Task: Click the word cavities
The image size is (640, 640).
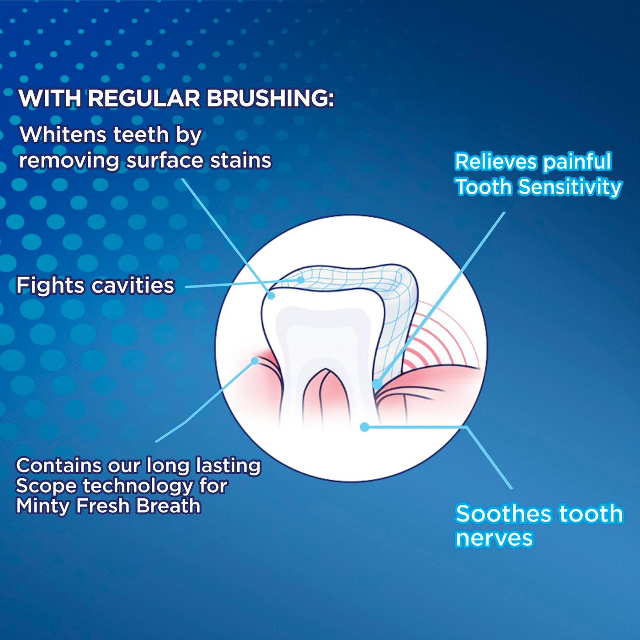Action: (x=133, y=286)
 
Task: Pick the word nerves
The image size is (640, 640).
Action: (x=494, y=538)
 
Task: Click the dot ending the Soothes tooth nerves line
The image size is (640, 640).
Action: (x=364, y=427)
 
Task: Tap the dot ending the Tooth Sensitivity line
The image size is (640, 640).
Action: (x=377, y=384)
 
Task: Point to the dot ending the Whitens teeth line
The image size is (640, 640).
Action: (x=271, y=296)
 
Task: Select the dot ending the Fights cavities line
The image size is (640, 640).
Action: (x=300, y=280)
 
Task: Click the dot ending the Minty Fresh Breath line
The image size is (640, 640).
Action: (x=255, y=361)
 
